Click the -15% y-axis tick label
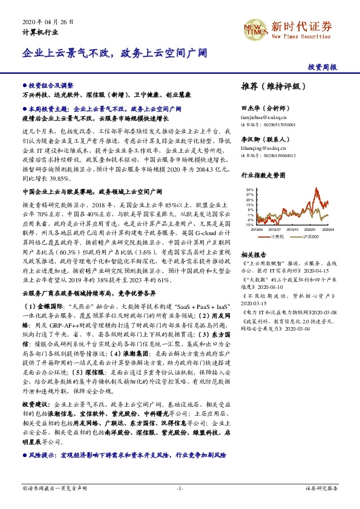(x=249, y=224)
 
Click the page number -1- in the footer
(x=180, y=487)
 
